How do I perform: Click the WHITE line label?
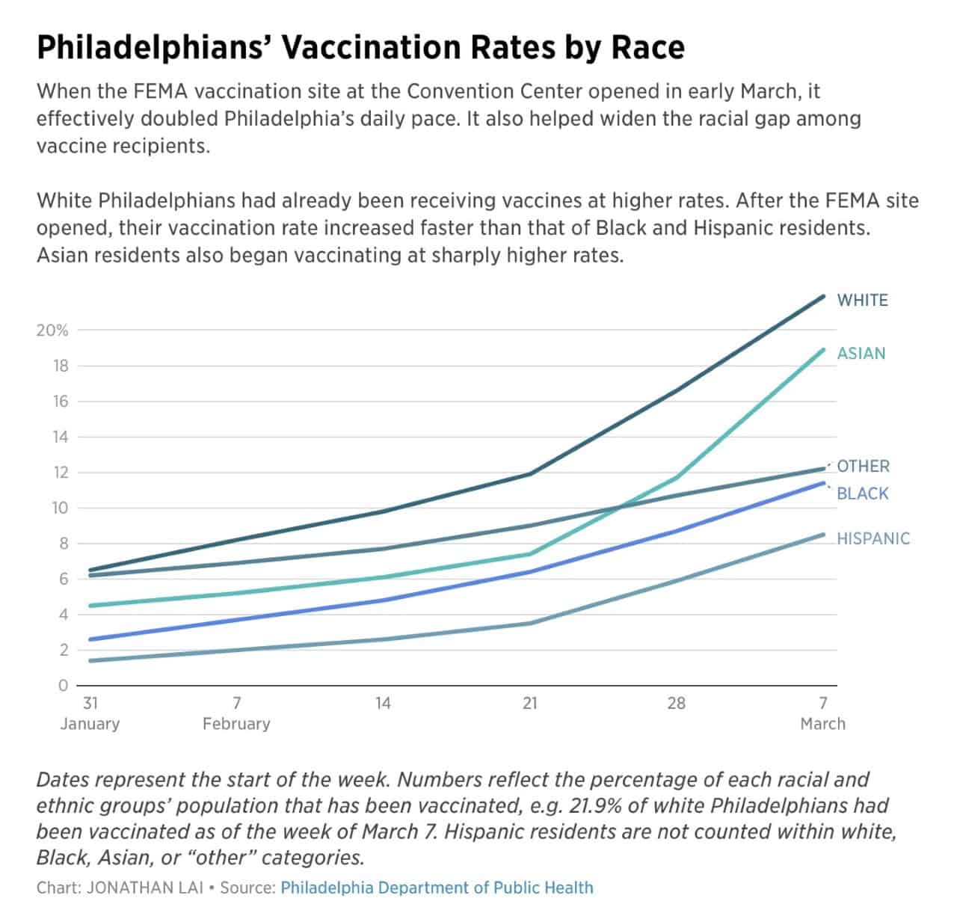point(862,301)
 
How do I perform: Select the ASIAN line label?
point(861,354)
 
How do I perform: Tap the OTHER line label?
point(863,467)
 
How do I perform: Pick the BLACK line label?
point(862,494)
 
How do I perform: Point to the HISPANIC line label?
point(873,538)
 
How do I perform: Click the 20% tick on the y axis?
point(52,330)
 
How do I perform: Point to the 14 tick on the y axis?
point(60,437)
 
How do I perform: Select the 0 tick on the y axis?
point(63,686)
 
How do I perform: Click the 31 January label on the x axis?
point(90,713)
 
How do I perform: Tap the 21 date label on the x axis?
point(529,704)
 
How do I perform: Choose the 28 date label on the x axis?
point(676,704)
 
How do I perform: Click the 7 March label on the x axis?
point(822,713)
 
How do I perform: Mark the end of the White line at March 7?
point(823,297)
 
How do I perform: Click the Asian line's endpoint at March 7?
point(823,349)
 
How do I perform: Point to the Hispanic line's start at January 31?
point(90,660)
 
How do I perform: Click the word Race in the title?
point(648,47)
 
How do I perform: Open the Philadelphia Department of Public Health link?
point(437,888)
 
